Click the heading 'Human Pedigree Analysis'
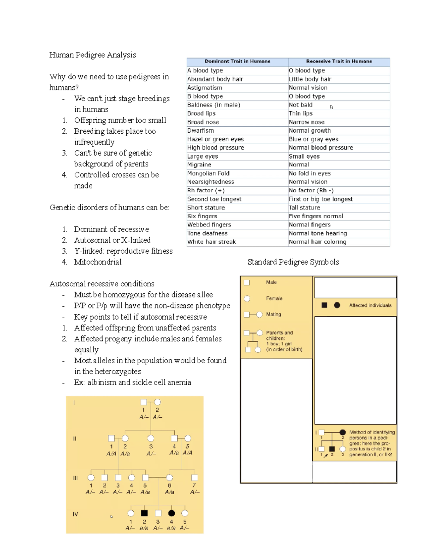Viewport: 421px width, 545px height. pyautogui.click(x=93, y=55)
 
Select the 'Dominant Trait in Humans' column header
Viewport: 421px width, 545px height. pyautogui.click(x=237, y=61)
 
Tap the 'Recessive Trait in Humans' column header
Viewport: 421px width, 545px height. pyautogui.click(x=339, y=61)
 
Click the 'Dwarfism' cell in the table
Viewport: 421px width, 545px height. pyautogui.click(x=201, y=131)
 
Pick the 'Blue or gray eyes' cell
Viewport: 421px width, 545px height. pyautogui.click(x=313, y=139)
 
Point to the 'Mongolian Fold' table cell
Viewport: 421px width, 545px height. pyautogui.click(x=208, y=173)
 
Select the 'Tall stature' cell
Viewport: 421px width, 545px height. pyautogui.click(x=304, y=207)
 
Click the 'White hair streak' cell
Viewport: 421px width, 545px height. pyautogui.click(x=212, y=242)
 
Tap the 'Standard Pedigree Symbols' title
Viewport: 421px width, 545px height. pyautogui.click(x=293, y=262)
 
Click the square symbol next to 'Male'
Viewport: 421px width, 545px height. pyautogui.click(x=247, y=283)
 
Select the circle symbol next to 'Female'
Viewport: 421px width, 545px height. pyautogui.click(x=247, y=299)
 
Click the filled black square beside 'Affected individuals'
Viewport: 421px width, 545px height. pyautogui.click(x=325, y=305)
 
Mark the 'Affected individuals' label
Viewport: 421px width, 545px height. pyautogui.click(x=370, y=306)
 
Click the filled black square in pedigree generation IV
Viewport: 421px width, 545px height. pyautogui.click(x=144, y=513)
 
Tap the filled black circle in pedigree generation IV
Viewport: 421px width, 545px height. pyautogui.click(x=171, y=513)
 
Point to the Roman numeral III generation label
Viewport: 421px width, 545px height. pyautogui.click(x=75, y=478)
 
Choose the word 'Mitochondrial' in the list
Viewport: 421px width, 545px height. pyautogui.click(x=98, y=262)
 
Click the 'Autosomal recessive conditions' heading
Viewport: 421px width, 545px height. pyautogui.click(x=102, y=284)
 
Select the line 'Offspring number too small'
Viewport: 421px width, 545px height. pyautogui.click(x=120, y=120)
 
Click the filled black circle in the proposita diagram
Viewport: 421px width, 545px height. pyautogui.click(x=342, y=432)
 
